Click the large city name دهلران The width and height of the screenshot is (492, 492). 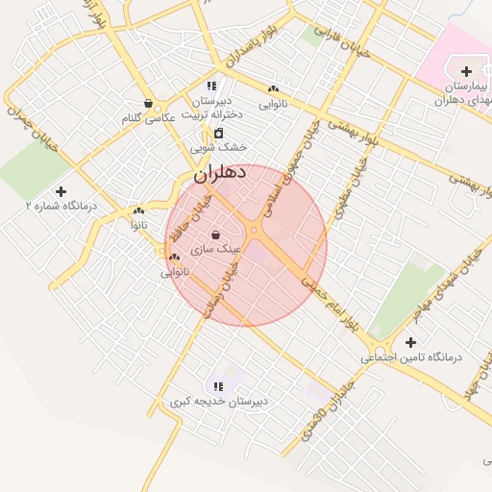click(x=220, y=173)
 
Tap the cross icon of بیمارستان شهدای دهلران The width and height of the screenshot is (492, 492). click(x=466, y=71)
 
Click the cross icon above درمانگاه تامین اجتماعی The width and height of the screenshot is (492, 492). click(x=411, y=342)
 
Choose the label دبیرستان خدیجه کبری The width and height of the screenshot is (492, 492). click(x=219, y=401)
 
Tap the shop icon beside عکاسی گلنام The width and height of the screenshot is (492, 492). click(x=148, y=103)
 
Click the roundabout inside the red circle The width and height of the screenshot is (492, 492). click(x=254, y=232)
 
